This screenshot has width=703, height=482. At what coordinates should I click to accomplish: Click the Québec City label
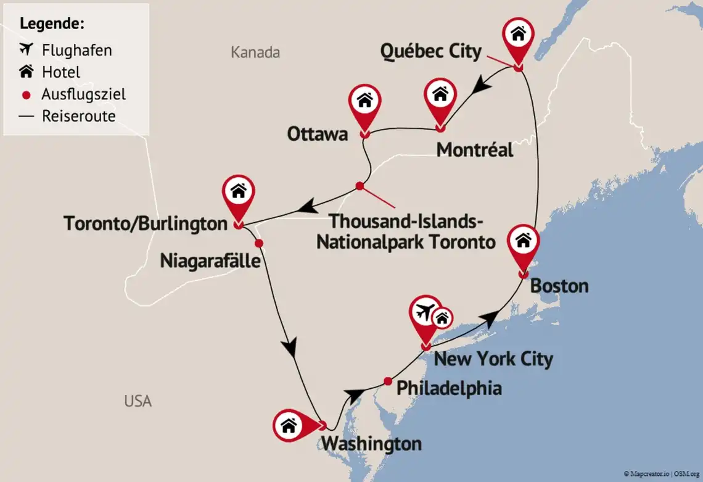[x=430, y=51]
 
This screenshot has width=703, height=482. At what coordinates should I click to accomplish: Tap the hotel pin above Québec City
[x=518, y=35]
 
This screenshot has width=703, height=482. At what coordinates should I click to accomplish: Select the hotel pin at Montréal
[x=440, y=96]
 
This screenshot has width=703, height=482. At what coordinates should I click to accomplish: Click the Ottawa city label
[x=318, y=134]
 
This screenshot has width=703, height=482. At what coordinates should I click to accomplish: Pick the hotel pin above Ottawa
[x=364, y=101]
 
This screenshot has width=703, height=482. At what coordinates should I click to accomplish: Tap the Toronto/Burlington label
[x=146, y=223]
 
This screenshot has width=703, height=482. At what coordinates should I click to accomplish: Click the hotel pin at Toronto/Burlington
[x=238, y=193]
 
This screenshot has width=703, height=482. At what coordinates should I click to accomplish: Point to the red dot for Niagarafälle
[x=259, y=243]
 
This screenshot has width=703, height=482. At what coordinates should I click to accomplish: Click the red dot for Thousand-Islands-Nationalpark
[x=360, y=186]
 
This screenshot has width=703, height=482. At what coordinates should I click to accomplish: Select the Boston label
[x=559, y=286]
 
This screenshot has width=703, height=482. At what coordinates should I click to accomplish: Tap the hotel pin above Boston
[x=523, y=241]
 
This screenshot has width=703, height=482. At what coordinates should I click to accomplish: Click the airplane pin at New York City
[x=425, y=315]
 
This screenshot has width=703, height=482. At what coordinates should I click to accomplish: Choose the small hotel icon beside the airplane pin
[x=442, y=318]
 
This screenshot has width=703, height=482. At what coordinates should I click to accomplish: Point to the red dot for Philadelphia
[x=387, y=381]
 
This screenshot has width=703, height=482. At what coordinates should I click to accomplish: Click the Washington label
[x=372, y=443]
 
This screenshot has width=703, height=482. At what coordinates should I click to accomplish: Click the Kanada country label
[x=255, y=52]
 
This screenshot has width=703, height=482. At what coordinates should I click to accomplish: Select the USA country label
[x=138, y=401]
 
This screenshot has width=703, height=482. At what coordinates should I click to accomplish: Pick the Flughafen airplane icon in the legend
[x=26, y=49]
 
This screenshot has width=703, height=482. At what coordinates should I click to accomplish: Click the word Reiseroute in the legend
[x=78, y=116]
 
